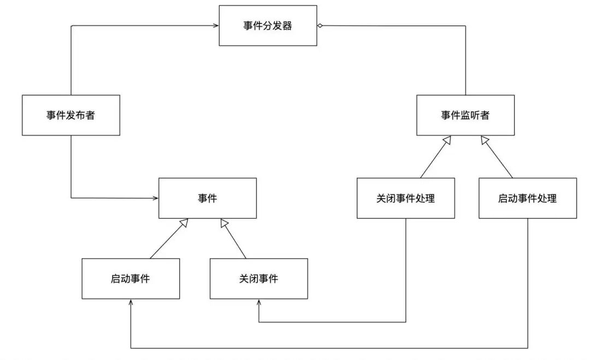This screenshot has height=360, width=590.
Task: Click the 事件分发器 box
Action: pos(268,26)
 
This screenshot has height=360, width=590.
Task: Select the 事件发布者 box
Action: pos(71,115)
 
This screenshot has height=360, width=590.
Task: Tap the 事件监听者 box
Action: pos(465,115)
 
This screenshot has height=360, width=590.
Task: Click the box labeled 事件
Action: pos(208,198)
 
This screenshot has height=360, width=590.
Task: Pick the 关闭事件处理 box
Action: pos(406,198)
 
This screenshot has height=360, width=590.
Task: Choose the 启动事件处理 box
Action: pos(528,198)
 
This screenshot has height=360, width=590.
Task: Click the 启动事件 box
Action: pos(131,279)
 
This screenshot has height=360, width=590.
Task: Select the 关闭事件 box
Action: pos(258,279)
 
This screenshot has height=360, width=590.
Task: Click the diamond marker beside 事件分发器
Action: pos(320,26)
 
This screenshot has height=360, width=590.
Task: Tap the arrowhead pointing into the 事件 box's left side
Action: pos(155,198)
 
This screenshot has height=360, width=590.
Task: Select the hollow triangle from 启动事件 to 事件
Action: pos(185,222)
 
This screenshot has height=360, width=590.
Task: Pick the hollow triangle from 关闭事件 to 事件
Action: pos(223,222)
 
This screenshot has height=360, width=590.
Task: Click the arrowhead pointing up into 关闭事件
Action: pos(258,303)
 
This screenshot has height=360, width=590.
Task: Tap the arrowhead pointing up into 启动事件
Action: pos(131,303)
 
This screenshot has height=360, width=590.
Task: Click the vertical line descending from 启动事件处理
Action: pos(528,284)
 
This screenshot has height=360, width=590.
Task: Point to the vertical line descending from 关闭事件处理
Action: pos(406,270)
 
